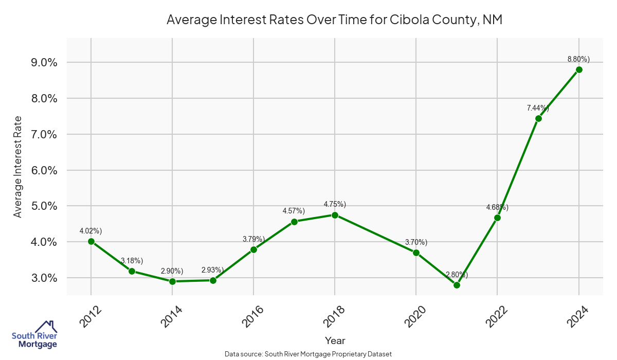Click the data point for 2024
(x=579, y=69)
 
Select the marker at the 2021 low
(x=457, y=285)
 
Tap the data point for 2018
(x=335, y=215)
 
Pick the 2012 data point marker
(x=91, y=241)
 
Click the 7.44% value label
(x=538, y=108)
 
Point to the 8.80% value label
(x=578, y=59)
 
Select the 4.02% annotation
(x=90, y=231)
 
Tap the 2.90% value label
(x=172, y=271)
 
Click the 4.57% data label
(x=294, y=211)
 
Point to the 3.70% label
(x=416, y=242)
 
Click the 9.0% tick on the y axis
(x=45, y=62)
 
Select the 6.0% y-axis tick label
(x=45, y=170)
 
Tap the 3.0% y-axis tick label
(x=45, y=278)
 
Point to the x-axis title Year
(x=335, y=340)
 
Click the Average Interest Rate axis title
(x=18, y=167)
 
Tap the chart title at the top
(x=334, y=21)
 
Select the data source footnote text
(x=308, y=354)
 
